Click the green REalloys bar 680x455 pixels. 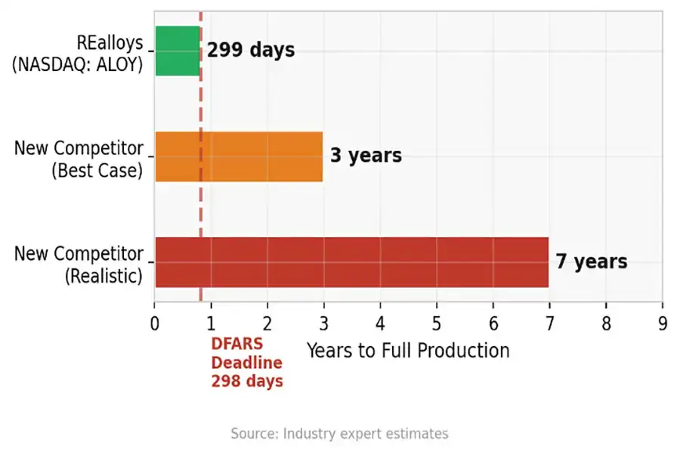[178, 51]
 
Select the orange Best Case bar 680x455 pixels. [239, 156]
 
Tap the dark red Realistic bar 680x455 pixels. [351, 262]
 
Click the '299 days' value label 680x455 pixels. [251, 51]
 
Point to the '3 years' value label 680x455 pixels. [366, 156]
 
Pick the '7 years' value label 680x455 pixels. [592, 262]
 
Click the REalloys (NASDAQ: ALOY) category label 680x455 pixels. [78, 53]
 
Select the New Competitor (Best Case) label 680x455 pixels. [78, 159]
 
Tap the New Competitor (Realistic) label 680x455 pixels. [78, 264]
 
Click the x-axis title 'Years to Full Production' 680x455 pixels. [408, 351]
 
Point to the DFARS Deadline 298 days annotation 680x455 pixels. [246, 362]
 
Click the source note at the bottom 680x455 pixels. [339, 434]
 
